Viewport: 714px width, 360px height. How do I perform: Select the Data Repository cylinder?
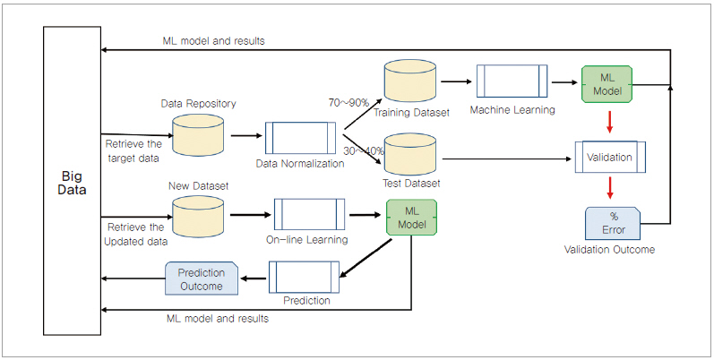197,133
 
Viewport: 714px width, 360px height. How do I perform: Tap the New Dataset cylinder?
197,216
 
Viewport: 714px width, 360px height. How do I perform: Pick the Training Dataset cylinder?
410,83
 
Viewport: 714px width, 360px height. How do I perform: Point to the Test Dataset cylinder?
410,157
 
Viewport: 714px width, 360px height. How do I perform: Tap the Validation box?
609,157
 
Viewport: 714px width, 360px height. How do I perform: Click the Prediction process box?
305,276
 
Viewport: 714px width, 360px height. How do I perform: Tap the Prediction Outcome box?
202,279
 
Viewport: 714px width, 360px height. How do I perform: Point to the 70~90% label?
348,103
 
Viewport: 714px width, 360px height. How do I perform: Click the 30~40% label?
363,150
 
